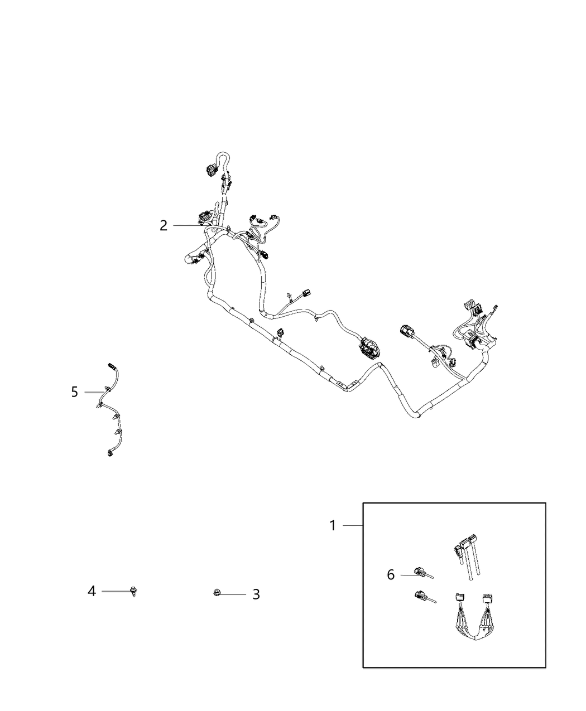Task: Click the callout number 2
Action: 164,225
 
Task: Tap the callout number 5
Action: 75,392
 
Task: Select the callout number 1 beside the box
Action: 333,525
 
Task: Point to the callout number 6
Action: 391,574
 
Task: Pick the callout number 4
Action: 92,591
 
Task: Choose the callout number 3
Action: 256,594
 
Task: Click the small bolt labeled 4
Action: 133,591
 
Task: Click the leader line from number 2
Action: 187,225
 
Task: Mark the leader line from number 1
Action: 352,525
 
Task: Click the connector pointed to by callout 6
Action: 420,571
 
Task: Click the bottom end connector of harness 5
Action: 109,453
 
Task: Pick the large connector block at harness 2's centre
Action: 368,349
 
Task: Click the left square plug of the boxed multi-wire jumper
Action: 459,598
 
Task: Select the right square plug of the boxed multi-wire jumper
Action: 486,599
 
